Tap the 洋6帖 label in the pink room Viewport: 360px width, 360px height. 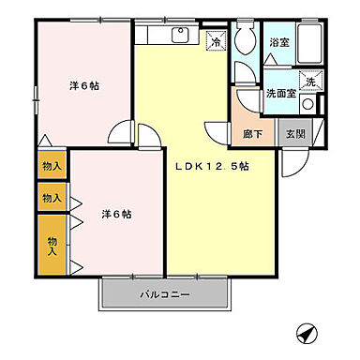[115, 214]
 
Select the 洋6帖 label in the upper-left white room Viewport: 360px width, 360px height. [83, 85]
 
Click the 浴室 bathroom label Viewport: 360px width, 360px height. [279, 43]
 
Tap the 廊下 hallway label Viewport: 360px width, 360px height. [253, 134]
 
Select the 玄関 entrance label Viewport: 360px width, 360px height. [293, 134]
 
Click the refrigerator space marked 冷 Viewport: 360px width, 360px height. [216, 42]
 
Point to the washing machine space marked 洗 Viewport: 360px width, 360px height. [308, 82]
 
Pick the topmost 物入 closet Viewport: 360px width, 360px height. [52, 165]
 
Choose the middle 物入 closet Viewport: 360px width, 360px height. [52, 198]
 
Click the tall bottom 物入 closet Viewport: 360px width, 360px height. [52, 245]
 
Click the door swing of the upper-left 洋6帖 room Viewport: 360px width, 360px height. [121, 135]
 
